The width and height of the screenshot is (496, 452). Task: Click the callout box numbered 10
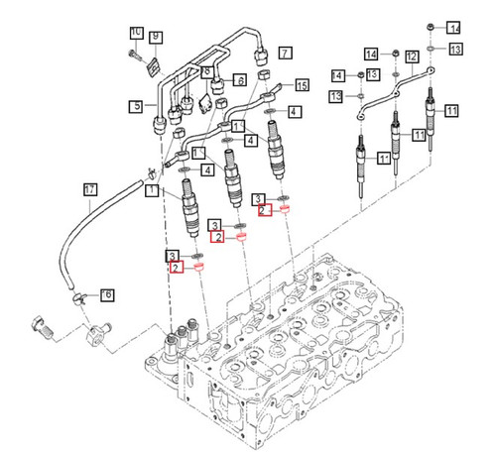136,33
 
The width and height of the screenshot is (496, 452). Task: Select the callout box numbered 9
156,39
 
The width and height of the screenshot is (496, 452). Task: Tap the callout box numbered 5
136,105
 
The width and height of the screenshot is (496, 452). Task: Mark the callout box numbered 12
411,57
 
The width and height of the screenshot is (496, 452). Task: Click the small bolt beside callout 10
134,53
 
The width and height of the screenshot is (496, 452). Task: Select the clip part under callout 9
153,66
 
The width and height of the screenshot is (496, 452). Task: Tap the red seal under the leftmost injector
196,269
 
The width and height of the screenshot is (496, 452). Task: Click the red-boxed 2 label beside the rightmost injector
262,210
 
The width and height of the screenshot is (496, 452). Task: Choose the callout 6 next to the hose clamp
107,294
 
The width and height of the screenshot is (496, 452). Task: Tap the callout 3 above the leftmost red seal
173,255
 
